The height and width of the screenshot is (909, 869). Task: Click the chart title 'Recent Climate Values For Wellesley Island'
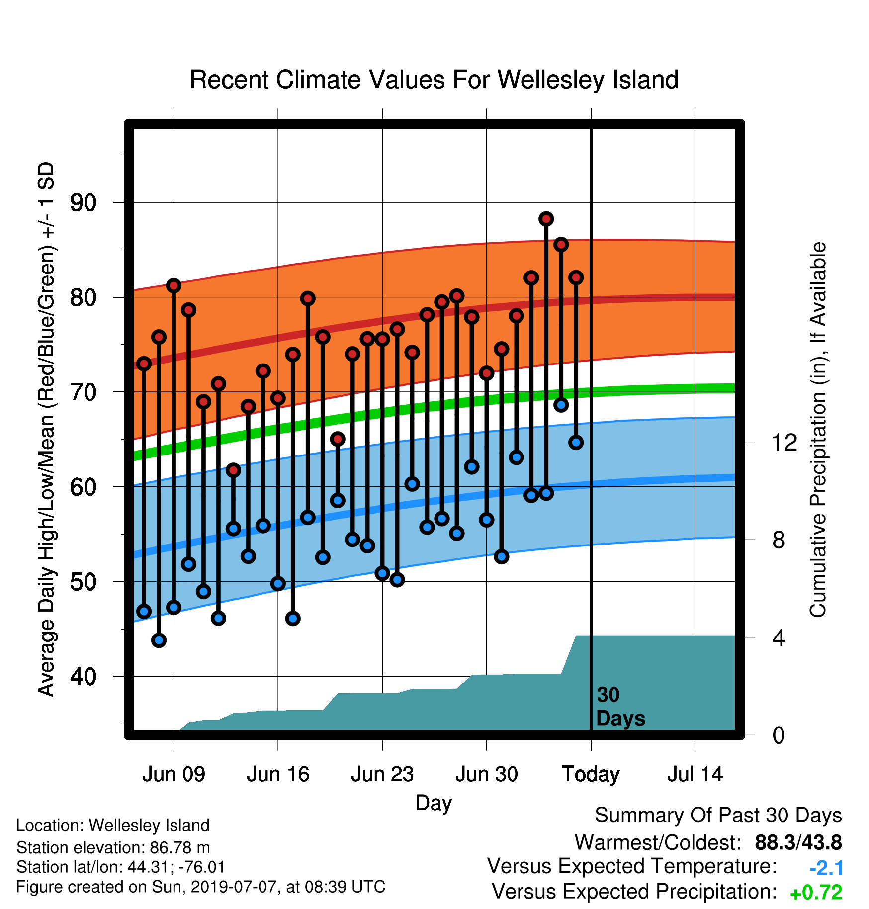(x=434, y=80)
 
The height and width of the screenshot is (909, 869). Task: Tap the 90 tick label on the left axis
(x=83, y=203)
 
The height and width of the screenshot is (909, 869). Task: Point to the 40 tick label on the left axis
(x=83, y=677)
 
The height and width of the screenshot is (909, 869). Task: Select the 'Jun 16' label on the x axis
(x=278, y=774)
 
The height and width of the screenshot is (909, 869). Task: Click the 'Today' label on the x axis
(x=591, y=775)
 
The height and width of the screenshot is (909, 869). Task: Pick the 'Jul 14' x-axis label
(x=695, y=774)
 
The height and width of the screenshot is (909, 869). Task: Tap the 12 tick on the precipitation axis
(x=784, y=442)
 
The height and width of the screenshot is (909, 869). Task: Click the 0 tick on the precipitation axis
(x=779, y=735)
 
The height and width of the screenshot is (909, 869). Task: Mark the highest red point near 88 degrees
(x=546, y=219)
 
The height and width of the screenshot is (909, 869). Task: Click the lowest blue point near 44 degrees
(x=159, y=640)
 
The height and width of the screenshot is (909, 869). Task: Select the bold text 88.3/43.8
(x=798, y=842)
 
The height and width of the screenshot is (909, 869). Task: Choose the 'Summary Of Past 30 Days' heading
(x=718, y=816)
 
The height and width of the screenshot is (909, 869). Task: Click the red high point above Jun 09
(x=174, y=285)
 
